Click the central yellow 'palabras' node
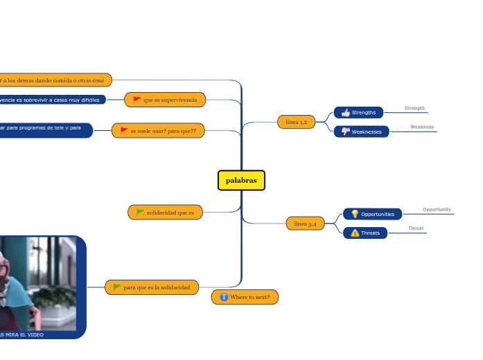(x=241, y=180)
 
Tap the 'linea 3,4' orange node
(x=305, y=224)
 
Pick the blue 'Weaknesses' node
(x=361, y=132)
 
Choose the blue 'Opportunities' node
(x=372, y=214)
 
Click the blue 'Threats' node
(x=365, y=233)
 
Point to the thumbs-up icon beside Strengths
(x=345, y=112)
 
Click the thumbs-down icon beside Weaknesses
(x=345, y=132)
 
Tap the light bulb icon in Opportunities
(x=355, y=214)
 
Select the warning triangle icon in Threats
(x=355, y=233)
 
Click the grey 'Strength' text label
(x=414, y=108)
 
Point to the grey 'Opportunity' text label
(x=437, y=209)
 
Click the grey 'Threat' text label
(x=416, y=228)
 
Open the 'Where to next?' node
(x=245, y=297)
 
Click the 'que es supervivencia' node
(x=164, y=100)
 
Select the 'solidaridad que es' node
(x=165, y=212)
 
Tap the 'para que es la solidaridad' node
(x=152, y=287)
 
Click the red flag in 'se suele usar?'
(x=124, y=130)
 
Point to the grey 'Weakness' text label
(x=421, y=127)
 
